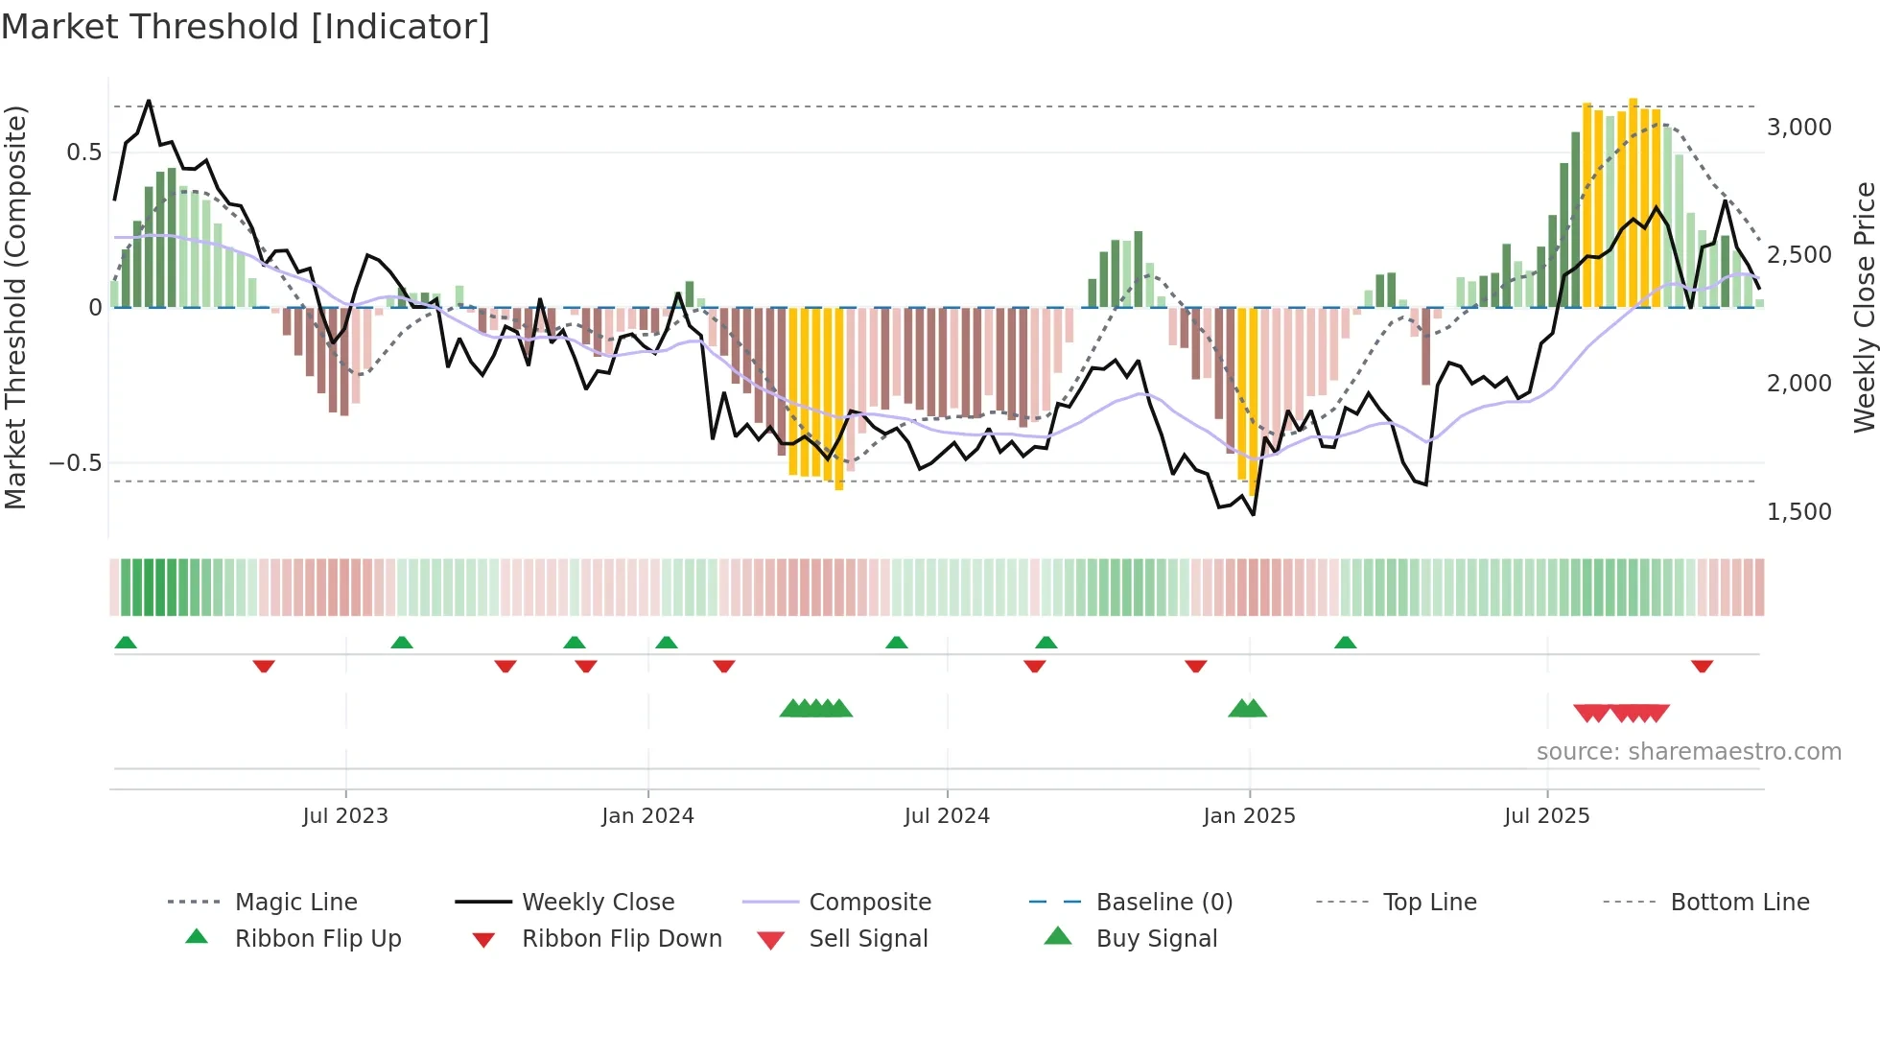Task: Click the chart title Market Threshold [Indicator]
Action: pyautogui.click(x=246, y=27)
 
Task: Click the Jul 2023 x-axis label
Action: pyautogui.click(x=345, y=816)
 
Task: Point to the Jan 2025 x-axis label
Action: pyautogui.click(x=1249, y=816)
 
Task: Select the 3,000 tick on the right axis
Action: pyautogui.click(x=1798, y=128)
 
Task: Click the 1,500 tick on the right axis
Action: pyautogui.click(x=1798, y=512)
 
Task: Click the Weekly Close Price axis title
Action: pyautogui.click(x=1864, y=307)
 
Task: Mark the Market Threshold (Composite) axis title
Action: pyautogui.click(x=16, y=307)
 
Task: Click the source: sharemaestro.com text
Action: pyautogui.click(x=1688, y=752)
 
